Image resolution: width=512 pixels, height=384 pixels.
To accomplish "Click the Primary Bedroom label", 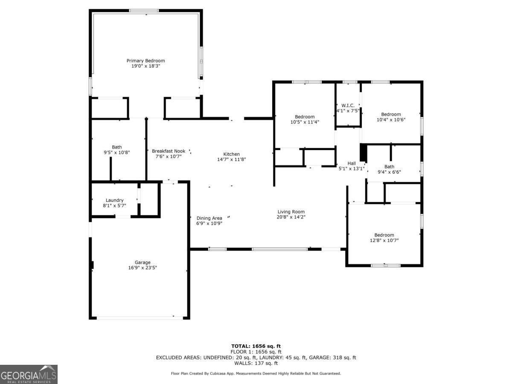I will coord(145,61).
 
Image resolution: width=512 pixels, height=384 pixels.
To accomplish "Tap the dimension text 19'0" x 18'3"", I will coord(145,66).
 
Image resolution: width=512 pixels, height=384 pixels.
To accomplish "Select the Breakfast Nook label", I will coord(169,151).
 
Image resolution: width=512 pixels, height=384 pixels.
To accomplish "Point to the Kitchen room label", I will coord(232,154).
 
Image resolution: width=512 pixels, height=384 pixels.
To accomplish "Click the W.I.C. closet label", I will coord(348,105).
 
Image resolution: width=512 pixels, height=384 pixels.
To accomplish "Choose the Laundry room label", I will coord(115,200).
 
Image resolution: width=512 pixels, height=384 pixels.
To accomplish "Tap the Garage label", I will coord(143,262).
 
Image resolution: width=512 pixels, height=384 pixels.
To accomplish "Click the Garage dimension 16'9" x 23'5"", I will coord(143,268).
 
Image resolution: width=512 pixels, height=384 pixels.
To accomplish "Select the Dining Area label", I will coord(209,218).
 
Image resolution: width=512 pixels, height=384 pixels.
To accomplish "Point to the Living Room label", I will coord(291,212).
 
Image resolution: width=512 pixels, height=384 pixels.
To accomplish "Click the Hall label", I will coord(352,163).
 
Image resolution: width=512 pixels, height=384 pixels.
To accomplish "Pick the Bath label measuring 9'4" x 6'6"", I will coord(389,167).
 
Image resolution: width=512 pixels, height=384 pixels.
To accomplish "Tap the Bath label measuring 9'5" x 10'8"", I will coord(117,147).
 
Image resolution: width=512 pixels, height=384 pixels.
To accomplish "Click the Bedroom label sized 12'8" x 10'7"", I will coord(384,235).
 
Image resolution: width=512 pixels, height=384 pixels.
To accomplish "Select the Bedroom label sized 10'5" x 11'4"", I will coord(305,117).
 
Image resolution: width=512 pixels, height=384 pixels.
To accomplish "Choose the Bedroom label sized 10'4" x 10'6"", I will coord(391,114).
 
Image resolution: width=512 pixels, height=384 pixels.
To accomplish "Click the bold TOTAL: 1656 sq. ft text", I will coord(256,346).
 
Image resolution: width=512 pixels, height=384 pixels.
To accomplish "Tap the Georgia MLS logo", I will coord(29,374).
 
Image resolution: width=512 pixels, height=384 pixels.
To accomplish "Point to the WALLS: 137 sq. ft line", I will coord(256,364).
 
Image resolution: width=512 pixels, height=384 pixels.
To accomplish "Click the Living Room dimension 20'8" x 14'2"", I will coord(291,217).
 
